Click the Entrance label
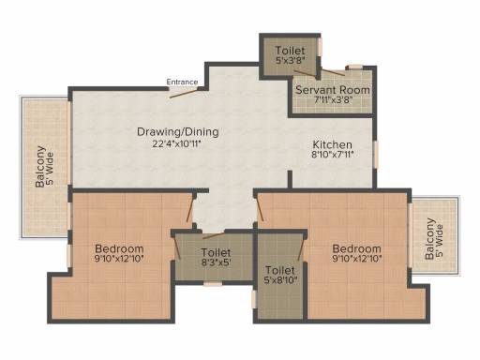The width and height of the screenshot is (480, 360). (x=182, y=82)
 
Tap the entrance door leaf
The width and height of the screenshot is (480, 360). (x=184, y=94)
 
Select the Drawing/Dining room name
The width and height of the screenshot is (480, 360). (x=178, y=132)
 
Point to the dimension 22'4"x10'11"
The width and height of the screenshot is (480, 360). (x=177, y=144)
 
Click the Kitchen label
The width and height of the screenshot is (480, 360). (x=333, y=144)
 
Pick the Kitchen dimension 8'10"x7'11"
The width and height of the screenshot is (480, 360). (x=333, y=155)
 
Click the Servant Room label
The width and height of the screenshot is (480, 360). (x=333, y=90)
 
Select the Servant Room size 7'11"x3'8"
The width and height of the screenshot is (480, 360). (x=333, y=100)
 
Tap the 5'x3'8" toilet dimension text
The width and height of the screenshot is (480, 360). (x=291, y=60)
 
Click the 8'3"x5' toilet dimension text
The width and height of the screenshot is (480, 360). (x=217, y=262)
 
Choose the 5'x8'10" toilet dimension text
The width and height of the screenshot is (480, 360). (x=280, y=280)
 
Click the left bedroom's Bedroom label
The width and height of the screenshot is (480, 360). (x=119, y=249)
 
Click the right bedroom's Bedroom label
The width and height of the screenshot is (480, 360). (x=357, y=249)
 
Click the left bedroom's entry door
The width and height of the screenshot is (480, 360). (x=190, y=210)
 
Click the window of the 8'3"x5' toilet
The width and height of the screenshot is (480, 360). (x=213, y=284)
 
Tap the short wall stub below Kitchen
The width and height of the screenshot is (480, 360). (x=290, y=179)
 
